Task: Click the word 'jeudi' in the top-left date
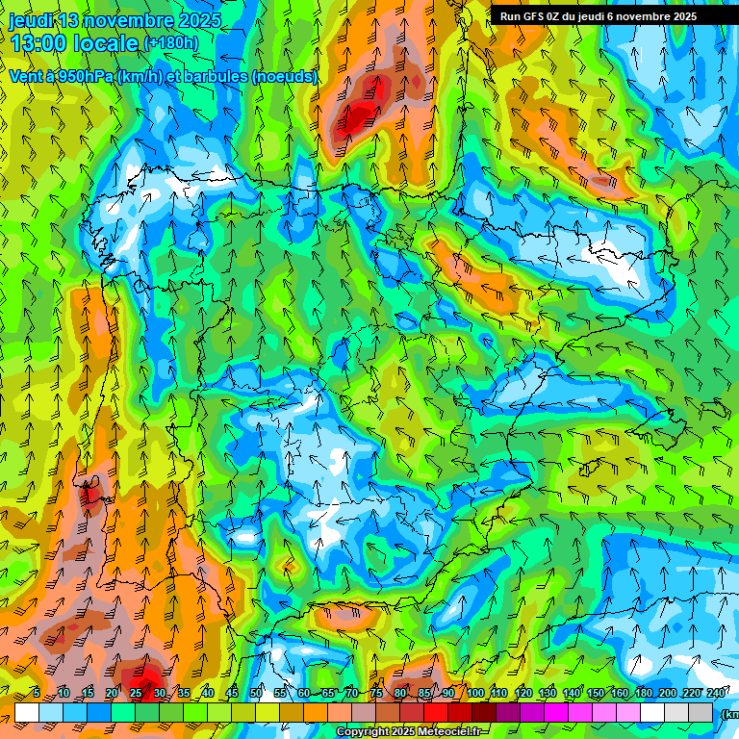[30, 20]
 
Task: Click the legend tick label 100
[475, 694]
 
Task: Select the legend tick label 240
[715, 694]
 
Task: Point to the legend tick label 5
[35, 694]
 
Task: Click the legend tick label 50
[256, 694]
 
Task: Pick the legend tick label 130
[548, 694]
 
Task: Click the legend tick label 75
[376, 694]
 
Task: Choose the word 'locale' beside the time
[105, 43]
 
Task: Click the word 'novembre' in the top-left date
[130, 20]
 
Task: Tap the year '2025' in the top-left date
[199, 20]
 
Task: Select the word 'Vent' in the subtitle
[27, 76]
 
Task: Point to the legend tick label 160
[619, 694]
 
